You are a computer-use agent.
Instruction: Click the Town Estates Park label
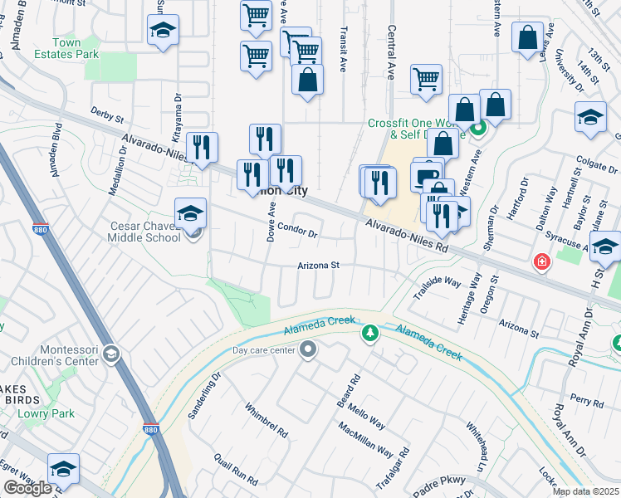(x=67, y=48)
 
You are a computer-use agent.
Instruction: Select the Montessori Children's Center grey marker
(x=111, y=355)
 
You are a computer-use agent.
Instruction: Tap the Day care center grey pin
(x=308, y=350)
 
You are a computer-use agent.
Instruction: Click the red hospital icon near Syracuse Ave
(x=542, y=262)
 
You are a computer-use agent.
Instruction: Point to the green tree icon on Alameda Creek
(x=369, y=334)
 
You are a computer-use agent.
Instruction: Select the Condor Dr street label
(x=297, y=230)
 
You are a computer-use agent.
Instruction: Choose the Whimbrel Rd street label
(x=266, y=421)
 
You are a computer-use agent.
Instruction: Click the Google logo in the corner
(x=28, y=488)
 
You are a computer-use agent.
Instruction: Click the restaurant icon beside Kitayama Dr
(x=202, y=147)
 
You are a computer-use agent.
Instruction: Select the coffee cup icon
(x=427, y=175)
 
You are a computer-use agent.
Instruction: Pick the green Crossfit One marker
(x=477, y=129)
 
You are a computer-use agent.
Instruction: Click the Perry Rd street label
(x=587, y=402)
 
